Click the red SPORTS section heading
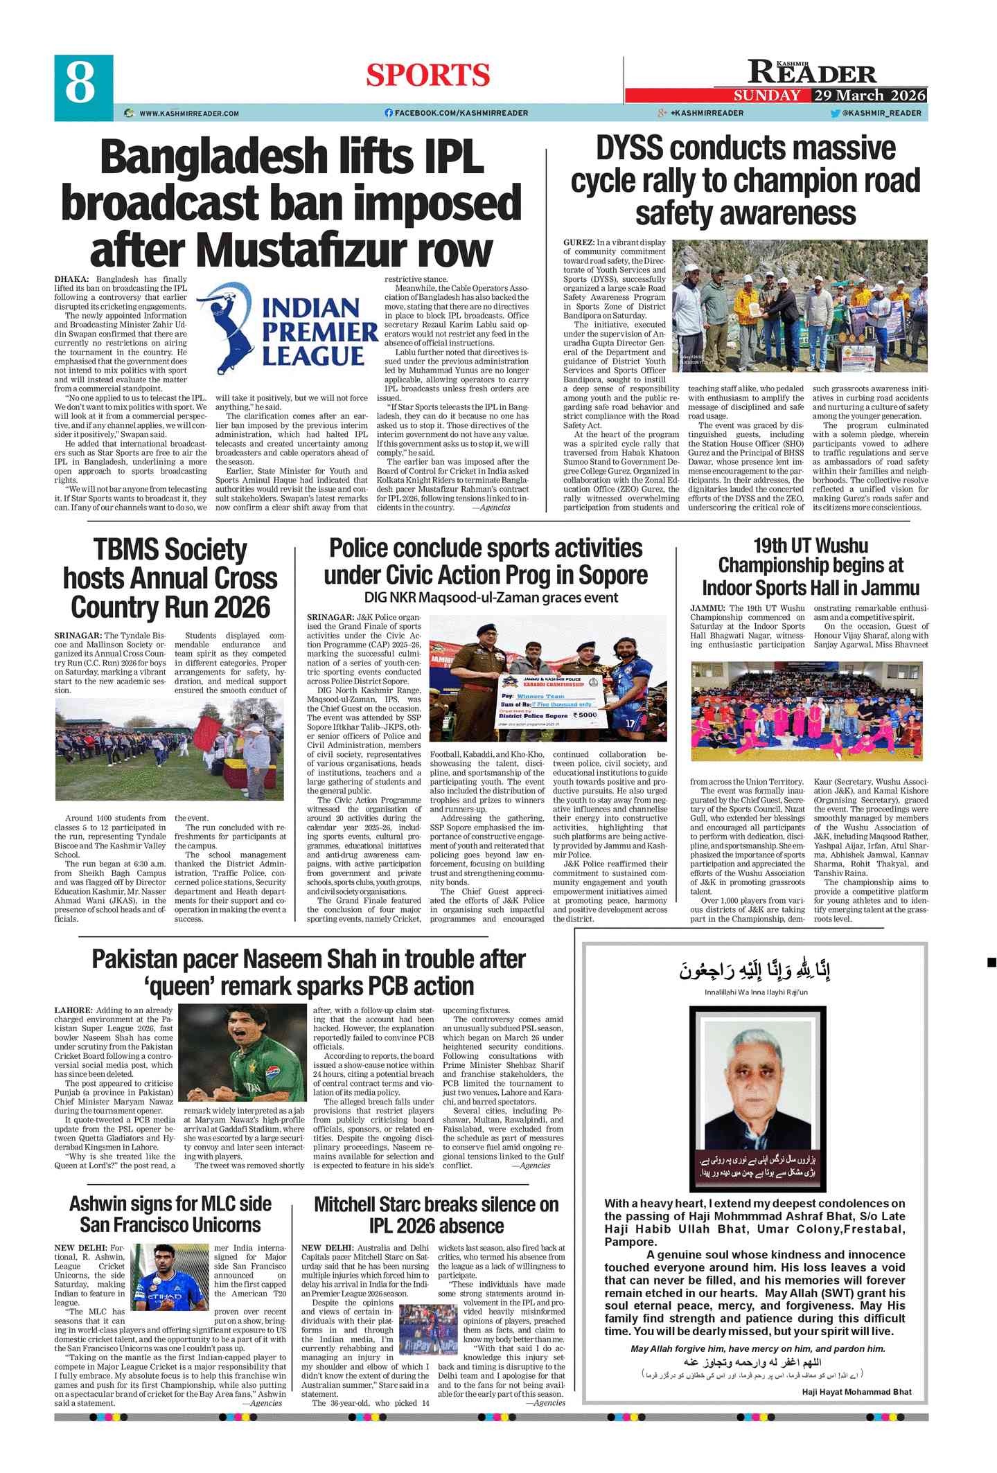click(427, 75)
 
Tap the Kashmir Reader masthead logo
click(812, 71)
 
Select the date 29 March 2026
click(870, 96)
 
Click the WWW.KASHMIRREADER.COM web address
click(188, 114)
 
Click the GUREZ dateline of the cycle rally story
click(579, 242)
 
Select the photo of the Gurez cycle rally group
click(800, 306)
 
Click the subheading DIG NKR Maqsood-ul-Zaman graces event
click(491, 597)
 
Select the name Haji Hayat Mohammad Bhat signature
click(856, 1392)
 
